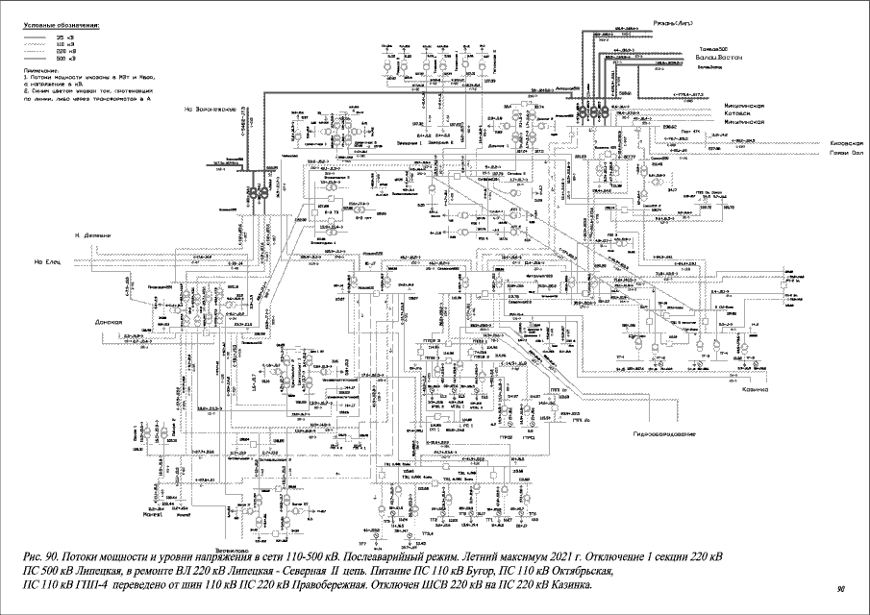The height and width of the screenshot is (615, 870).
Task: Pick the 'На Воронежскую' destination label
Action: click(x=213, y=111)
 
